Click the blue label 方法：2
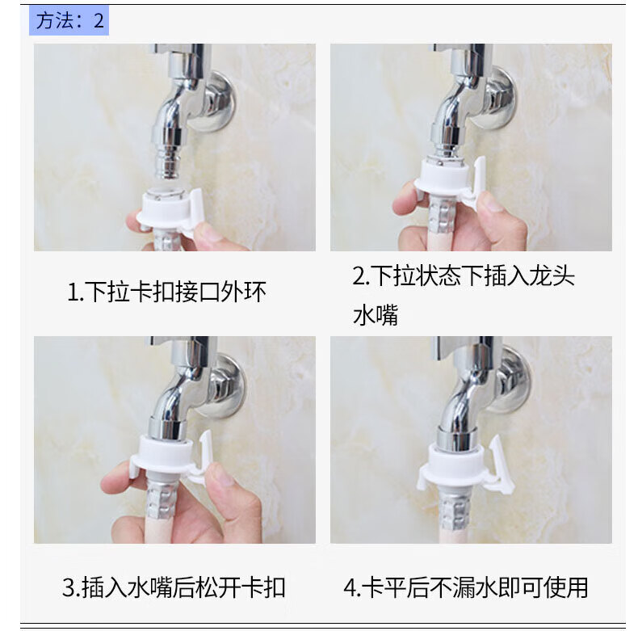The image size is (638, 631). pyautogui.click(x=69, y=20)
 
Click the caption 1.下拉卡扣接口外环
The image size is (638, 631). pyautogui.click(x=166, y=292)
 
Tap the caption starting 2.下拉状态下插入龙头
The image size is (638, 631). pyautogui.click(x=464, y=295)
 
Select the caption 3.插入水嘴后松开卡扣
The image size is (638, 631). pyautogui.click(x=174, y=587)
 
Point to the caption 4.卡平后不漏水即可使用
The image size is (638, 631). pyautogui.click(x=466, y=587)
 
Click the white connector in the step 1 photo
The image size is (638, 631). pyautogui.click(x=170, y=212)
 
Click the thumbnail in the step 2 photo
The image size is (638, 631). pyautogui.click(x=489, y=200)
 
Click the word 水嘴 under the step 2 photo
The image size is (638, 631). pyautogui.click(x=376, y=315)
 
